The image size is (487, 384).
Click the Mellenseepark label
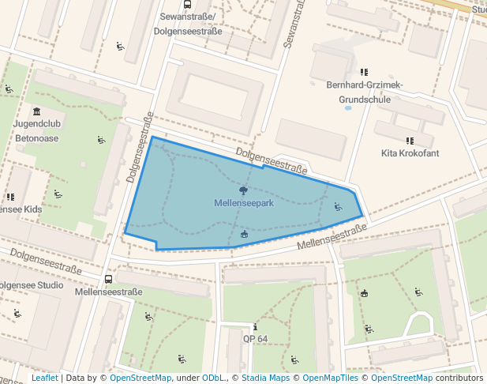click(243, 203)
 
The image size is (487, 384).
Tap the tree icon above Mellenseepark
click(243, 190)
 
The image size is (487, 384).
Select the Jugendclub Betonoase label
click(37, 130)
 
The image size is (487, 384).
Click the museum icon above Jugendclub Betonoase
click(37, 111)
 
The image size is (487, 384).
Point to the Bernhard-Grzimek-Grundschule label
click(365, 92)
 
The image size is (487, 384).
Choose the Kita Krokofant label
click(410, 153)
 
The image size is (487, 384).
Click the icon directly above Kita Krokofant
click(410, 141)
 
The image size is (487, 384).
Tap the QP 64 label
click(256, 339)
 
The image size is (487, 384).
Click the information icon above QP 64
click(255, 327)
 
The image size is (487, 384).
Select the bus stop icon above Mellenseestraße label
click(108, 279)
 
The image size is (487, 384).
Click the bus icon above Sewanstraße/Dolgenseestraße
click(187, 4)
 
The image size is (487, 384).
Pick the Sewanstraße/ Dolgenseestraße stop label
click(187, 22)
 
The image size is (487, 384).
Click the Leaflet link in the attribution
click(44, 378)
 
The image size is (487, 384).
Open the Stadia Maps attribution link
click(265, 378)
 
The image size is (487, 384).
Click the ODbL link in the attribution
click(214, 378)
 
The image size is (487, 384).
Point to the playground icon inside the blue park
click(339, 207)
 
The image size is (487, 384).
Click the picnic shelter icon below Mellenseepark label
click(243, 234)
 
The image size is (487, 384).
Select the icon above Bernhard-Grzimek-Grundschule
click(365, 72)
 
